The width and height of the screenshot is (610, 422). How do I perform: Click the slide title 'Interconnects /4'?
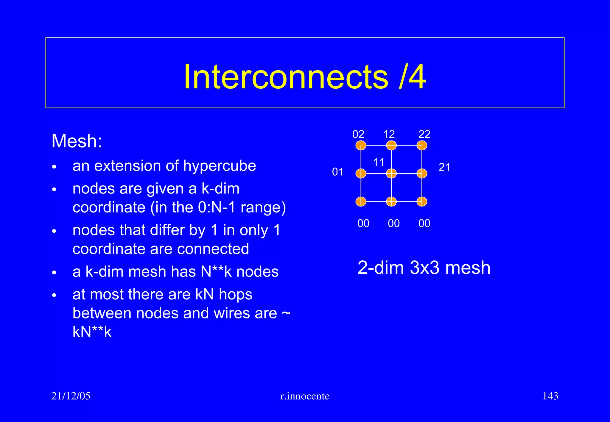pos(305,77)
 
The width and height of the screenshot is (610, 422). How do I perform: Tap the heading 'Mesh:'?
pos(77,141)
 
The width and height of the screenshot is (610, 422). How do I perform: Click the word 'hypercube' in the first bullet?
pos(220,166)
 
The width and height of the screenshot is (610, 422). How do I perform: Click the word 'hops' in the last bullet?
pos(236,295)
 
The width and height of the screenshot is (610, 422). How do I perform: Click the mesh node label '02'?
pos(358,135)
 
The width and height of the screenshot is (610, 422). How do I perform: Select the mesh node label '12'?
pos(389,135)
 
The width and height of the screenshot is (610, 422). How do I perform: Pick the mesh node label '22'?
pos(424,135)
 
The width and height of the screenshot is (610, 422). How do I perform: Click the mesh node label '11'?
pos(379,162)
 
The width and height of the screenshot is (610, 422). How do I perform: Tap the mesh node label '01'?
pos(338,172)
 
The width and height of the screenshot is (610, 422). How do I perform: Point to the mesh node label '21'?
pos(444,167)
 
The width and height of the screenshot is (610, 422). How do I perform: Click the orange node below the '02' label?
pos(361,146)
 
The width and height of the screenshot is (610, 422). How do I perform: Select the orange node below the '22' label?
pos(422,146)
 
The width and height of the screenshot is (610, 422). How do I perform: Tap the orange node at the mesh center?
pos(391,174)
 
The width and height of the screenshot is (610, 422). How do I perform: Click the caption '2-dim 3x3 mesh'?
pos(424,268)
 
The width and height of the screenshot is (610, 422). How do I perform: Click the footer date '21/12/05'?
pos(71,396)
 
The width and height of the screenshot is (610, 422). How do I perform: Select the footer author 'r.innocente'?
pos(305,396)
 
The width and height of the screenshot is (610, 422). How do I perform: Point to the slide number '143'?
pos(550,396)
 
